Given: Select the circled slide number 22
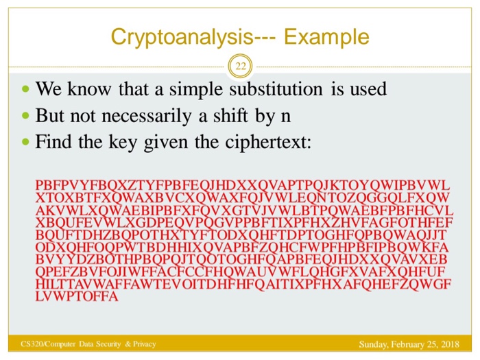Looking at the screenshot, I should point(241,67).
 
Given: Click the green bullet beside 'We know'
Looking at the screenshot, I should point(25,90).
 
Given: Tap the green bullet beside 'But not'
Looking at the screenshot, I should point(25,115).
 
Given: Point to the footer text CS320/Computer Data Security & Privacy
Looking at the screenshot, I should point(88,344).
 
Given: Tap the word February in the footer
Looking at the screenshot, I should point(409,344).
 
